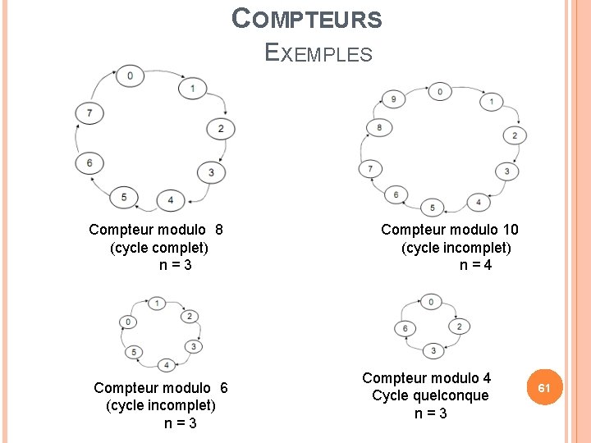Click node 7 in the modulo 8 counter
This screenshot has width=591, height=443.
89,112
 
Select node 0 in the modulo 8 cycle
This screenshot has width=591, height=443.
130,76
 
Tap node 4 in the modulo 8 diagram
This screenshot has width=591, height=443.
170,199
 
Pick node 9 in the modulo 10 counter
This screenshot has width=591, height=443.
393,100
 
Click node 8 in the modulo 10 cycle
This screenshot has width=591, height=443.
378,127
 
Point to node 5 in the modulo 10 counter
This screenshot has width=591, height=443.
433,207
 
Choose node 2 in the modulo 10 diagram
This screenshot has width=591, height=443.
515,135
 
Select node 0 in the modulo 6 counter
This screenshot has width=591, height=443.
128,322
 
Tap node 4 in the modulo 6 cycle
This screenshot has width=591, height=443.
167,364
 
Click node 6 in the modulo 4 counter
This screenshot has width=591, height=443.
405,328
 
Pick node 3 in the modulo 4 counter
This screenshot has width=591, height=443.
433,351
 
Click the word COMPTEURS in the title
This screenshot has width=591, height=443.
307,19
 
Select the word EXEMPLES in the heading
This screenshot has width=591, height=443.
319,53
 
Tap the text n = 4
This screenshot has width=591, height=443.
476,265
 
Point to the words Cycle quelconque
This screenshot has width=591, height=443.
430,395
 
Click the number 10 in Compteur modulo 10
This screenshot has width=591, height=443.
510,230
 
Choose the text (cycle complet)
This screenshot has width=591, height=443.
159,247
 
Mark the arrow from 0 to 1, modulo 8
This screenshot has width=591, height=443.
163,77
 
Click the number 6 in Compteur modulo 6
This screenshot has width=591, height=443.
224,387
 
